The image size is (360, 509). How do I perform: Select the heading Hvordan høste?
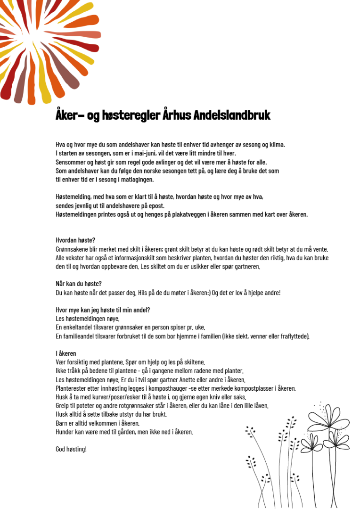pyautogui.click(x=75, y=240)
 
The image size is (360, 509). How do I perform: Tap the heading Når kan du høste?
pyautogui.click(x=79, y=284)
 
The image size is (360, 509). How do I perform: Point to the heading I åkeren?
pyautogui.click(x=66, y=353)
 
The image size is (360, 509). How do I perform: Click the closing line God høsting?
pyautogui.click(x=71, y=449)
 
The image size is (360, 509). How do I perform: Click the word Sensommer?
pyautogui.click(x=71, y=162)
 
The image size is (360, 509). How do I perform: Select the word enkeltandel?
pyautogui.click(x=78, y=327)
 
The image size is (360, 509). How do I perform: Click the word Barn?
pyautogui.click(x=62, y=423)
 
